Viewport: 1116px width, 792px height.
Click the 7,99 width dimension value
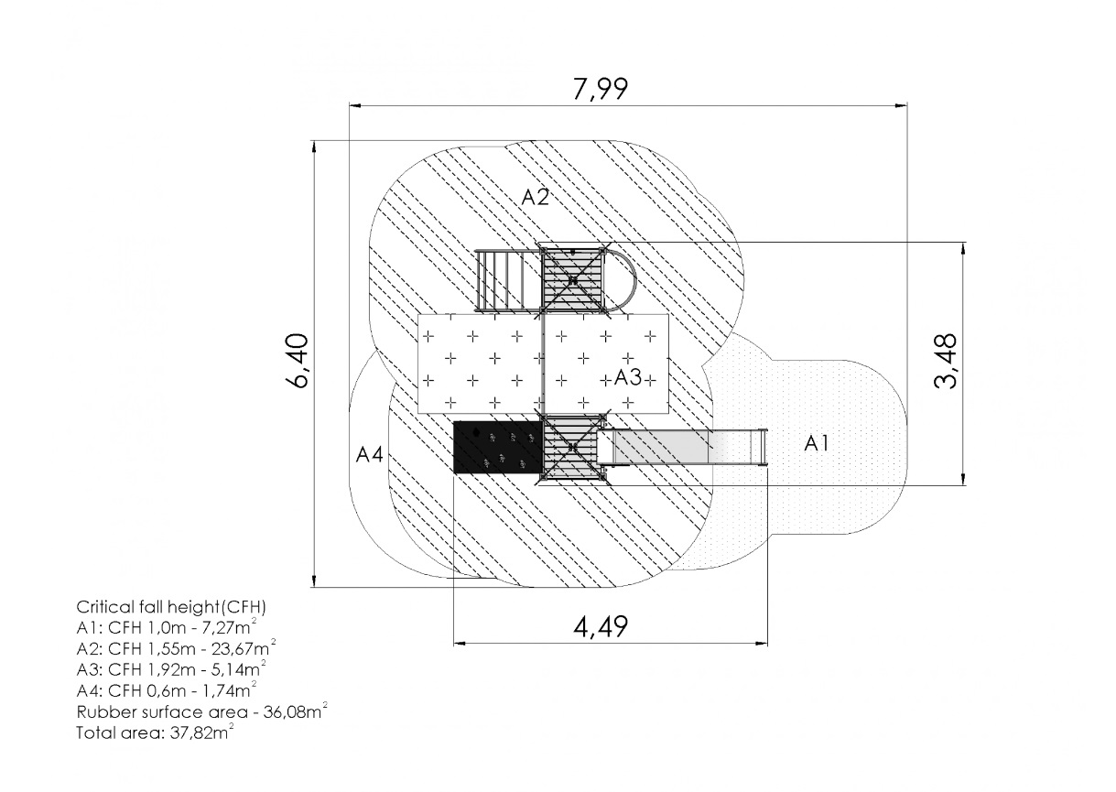coord(601,89)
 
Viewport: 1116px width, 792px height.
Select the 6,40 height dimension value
coord(298,361)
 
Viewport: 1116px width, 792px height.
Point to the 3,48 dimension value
coord(945,361)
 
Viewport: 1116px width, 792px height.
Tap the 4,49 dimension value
coord(601,626)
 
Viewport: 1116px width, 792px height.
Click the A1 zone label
coord(817,443)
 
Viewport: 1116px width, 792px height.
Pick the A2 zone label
coord(535,198)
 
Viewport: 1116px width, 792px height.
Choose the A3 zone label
coord(628,378)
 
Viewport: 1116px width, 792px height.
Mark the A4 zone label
coord(369,454)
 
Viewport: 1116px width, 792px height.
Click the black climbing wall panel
coord(498,447)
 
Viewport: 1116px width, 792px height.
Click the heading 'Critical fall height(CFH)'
coord(171,607)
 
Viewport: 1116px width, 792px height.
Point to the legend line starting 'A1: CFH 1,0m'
coord(167,626)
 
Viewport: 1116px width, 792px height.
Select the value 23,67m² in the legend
coord(244,647)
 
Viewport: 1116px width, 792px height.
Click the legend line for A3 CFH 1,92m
coord(171,669)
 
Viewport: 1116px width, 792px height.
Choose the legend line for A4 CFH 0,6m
coord(167,689)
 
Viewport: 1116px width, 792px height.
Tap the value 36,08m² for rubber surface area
coord(296,711)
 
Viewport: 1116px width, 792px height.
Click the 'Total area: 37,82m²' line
coord(155,732)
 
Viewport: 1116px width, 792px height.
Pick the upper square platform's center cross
coord(573,280)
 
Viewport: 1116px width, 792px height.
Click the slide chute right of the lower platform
coord(682,447)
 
